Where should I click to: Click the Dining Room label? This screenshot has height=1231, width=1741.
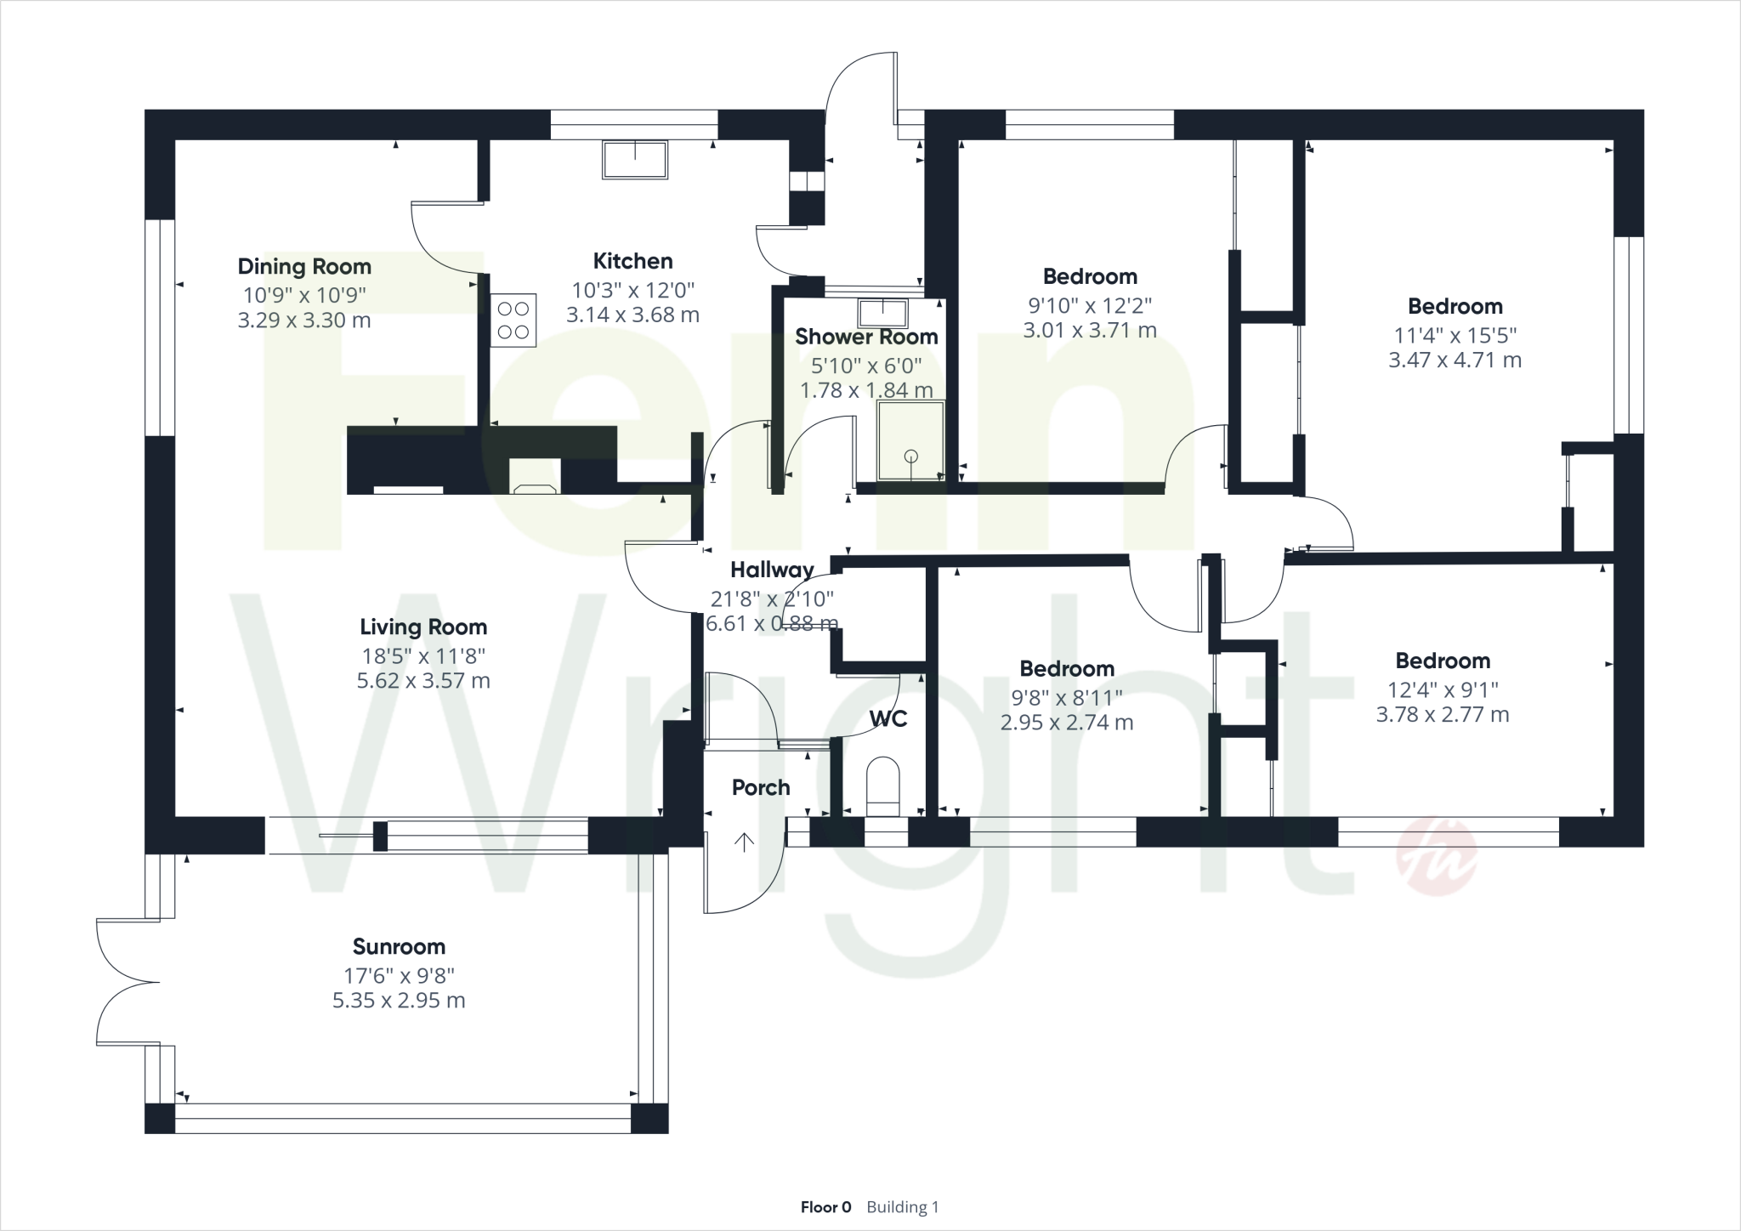[x=304, y=266]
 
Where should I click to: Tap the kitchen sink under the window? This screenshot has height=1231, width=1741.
[x=634, y=160]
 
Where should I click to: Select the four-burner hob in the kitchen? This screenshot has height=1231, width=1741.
[x=513, y=320]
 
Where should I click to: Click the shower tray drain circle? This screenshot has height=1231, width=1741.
[x=911, y=456]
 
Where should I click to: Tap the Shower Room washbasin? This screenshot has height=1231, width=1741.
[x=883, y=313]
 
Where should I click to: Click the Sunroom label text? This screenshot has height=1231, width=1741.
[x=399, y=946]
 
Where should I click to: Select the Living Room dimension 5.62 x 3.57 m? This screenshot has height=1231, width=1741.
[x=423, y=681]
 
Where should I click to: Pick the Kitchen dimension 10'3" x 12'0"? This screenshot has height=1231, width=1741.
[x=633, y=289]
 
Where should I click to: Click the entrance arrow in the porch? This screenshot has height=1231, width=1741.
[x=744, y=842]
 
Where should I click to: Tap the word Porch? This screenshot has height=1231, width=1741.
[x=761, y=788]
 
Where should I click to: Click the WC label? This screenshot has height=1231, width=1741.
[x=888, y=719]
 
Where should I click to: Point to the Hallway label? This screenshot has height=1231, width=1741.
[x=772, y=570]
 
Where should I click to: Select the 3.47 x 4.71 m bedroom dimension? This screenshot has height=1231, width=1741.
[x=1455, y=360]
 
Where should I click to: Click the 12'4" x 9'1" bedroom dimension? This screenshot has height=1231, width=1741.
[x=1443, y=689]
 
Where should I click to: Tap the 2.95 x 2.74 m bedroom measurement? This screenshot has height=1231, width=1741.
[x=1067, y=723]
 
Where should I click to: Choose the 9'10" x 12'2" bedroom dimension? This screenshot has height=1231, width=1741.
[x=1090, y=304]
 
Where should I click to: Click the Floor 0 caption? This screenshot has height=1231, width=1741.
[x=825, y=1207]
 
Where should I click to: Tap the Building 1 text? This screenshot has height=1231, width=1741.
[x=903, y=1207]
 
